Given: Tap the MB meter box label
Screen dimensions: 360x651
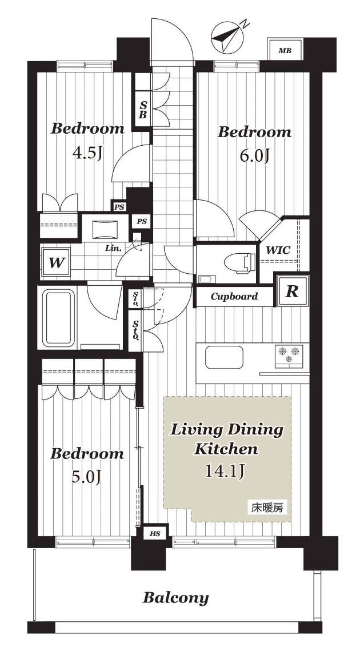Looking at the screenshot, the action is tap(285, 51).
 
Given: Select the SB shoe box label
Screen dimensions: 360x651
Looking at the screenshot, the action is tap(142, 109).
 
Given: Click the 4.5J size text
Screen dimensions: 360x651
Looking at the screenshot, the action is tap(87, 154).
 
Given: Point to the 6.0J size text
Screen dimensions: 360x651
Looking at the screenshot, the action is tap(255, 156).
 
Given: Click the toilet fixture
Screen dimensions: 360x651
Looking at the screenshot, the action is tap(239, 263).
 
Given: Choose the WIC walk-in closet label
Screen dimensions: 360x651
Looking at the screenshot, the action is tap(278, 251).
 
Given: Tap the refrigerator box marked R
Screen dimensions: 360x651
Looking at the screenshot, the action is tap(293, 291).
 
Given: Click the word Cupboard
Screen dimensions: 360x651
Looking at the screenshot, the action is tap(234, 297).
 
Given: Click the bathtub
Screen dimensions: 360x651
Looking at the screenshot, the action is tap(58, 318).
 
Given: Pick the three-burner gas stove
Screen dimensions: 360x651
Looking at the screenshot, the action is tap(289, 356).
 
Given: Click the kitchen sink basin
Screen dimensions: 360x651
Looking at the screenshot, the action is tap(224, 357).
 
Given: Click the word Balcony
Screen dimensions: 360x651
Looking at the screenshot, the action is tap(175, 598).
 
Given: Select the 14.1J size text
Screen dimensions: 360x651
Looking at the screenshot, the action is tap(225, 471).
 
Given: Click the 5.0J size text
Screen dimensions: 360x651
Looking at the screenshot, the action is tap(86, 477).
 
